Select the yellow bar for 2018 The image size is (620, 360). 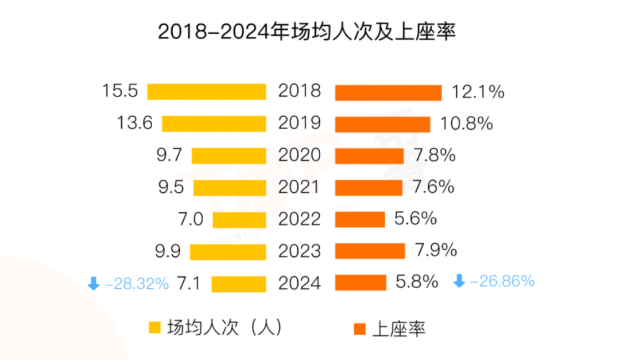(207, 92)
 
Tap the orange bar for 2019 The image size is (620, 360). (382, 124)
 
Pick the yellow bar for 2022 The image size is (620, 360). (239, 220)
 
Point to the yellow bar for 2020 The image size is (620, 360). (229, 156)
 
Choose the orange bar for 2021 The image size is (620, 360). (369, 188)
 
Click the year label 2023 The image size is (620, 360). (300, 251)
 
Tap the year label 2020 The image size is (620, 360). (300, 156)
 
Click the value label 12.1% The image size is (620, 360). (478, 92)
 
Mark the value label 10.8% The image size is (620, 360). (466, 123)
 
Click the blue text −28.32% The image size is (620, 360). (137, 283)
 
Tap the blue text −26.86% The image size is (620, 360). (502, 281)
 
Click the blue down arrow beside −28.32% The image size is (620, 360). (93, 283)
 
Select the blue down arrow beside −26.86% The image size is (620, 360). (459, 281)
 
